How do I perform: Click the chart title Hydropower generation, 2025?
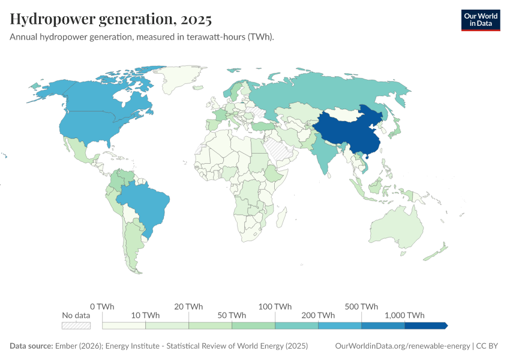[111, 20]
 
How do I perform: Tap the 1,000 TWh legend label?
[405, 315]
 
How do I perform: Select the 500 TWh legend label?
[361, 306]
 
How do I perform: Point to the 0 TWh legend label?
[103, 306]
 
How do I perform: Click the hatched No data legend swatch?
[76, 325]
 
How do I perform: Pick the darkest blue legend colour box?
[426, 325]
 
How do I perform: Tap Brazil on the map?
[144, 204]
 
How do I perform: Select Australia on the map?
[396, 231]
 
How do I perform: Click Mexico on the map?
[78, 150]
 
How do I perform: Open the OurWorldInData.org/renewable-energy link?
[402, 346]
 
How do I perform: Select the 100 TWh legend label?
[275, 306]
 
